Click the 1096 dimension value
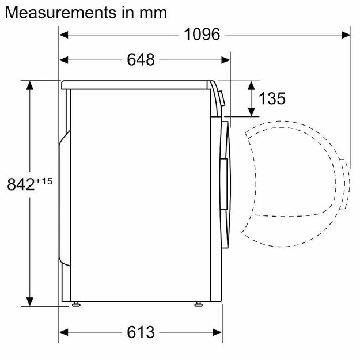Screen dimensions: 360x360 click(202, 35)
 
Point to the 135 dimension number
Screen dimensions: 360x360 click(272, 98)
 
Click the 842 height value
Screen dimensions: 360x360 click(22, 185)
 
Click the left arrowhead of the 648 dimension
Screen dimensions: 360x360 click(65, 59)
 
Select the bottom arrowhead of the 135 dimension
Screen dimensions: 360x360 click(251, 113)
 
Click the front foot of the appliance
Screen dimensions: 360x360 click(199, 304)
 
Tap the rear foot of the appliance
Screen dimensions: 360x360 click(75, 304)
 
